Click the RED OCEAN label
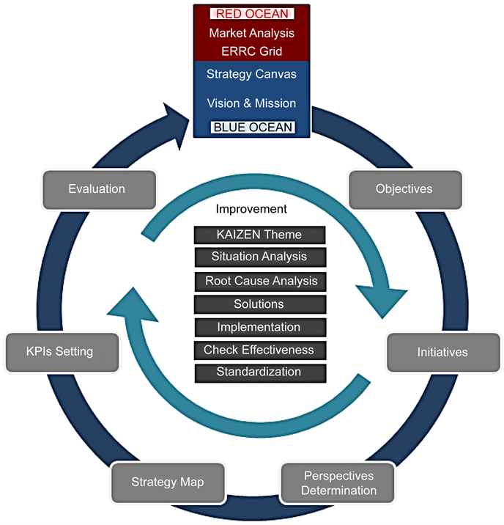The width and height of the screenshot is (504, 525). click(251, 13)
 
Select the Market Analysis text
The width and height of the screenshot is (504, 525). click(251, 33)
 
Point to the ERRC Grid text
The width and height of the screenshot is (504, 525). click(251, 51)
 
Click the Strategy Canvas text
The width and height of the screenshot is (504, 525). click(251, 74)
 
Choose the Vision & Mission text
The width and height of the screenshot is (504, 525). click(251, 103)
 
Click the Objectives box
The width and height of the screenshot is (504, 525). click(404, 189)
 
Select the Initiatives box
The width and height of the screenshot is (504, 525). click(442, 353)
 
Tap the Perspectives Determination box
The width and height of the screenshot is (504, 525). click(338, 482)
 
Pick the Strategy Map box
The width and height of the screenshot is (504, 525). click(168, 482)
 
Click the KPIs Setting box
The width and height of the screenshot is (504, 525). click(60, 351)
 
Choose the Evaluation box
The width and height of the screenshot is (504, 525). click(97, 189)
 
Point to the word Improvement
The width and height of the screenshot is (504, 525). click(251, 210)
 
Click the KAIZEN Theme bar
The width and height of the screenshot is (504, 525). click(259, 235)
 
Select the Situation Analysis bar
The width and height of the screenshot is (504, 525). click(259, 257)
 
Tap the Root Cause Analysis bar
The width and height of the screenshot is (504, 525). click(260, 282)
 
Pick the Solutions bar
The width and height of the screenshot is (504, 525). click(259, 304)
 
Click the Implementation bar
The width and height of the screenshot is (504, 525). click(259, 327)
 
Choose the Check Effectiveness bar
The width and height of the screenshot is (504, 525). click(259, 350)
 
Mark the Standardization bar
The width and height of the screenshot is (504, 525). click(259, 372)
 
